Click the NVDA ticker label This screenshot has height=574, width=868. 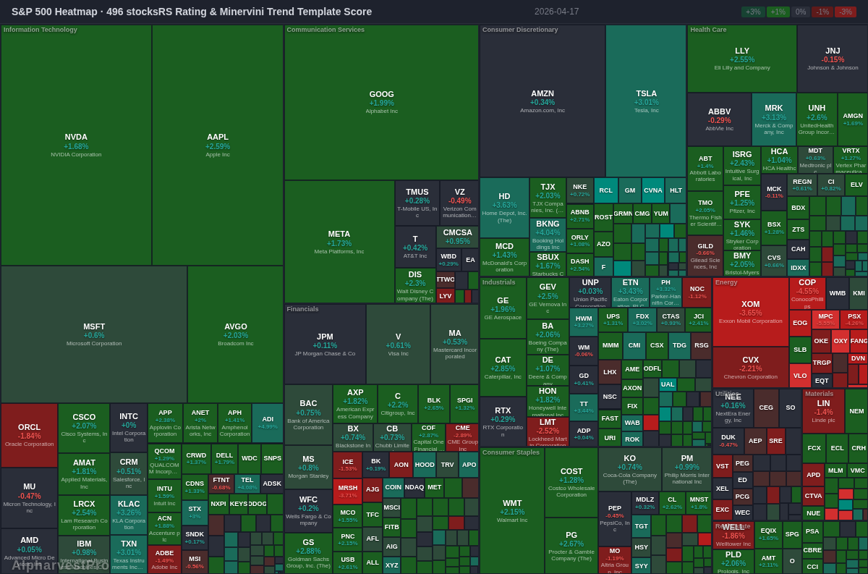[76, 137]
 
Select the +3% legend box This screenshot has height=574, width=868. [753, 12]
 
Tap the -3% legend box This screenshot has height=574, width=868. [845, 12]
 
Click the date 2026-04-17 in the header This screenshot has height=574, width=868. [556, 12]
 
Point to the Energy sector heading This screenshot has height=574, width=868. [726, 282]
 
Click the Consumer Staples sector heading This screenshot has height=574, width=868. [511, 452]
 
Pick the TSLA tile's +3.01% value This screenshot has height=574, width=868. [646, 102]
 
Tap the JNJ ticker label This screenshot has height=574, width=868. [833, 51]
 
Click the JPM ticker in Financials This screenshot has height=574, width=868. [325, 337]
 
